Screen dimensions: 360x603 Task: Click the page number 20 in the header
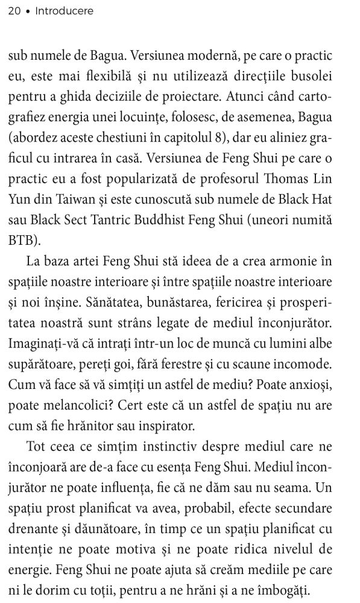point(14,11)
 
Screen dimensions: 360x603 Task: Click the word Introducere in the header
point(65,11)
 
